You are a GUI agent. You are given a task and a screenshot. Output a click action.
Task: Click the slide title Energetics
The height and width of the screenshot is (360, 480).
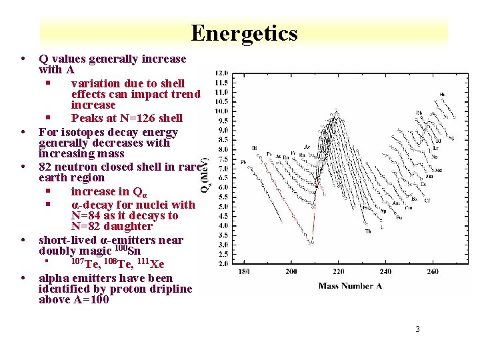[x=244, y=33]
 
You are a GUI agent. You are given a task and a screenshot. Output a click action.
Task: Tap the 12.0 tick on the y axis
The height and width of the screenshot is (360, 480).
[x=221, y=73]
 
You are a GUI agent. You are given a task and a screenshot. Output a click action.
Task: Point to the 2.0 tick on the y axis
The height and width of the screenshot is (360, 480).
[x=221, y=263]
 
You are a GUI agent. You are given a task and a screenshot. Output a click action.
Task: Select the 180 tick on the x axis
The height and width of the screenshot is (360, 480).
[x=244, y=272]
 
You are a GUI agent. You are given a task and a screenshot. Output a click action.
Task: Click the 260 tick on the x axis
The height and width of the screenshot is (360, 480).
[x=433, y=272]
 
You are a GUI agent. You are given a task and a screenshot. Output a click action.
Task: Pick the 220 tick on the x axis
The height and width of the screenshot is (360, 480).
[x=339, y=272]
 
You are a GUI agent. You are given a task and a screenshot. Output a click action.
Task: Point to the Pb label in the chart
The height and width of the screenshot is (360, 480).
[x=243, y=162]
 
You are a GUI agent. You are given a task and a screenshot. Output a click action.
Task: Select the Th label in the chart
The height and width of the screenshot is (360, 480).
[x=368, y=231]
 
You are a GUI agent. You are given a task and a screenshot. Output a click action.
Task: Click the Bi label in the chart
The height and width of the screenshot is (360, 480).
[x=255, y=147]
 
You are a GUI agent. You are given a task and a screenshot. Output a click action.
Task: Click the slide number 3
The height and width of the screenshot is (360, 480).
[x=417, y=329]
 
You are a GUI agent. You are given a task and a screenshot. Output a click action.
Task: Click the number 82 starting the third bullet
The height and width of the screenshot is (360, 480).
[x=45, y=167]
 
